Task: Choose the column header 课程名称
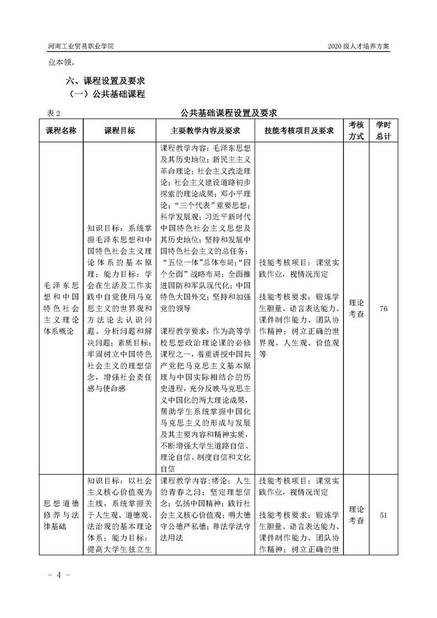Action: click(x=64, y=131)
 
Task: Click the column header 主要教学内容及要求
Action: click(x=206, y=131)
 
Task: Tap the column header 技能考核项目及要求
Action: click(x=299, y=131)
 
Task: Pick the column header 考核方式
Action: click(x=356, y=131)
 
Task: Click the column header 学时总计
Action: click(x=383, y=131)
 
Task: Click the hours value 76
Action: click(x=384, y=309)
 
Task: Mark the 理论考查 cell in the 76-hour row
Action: click(x=356, y=308)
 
